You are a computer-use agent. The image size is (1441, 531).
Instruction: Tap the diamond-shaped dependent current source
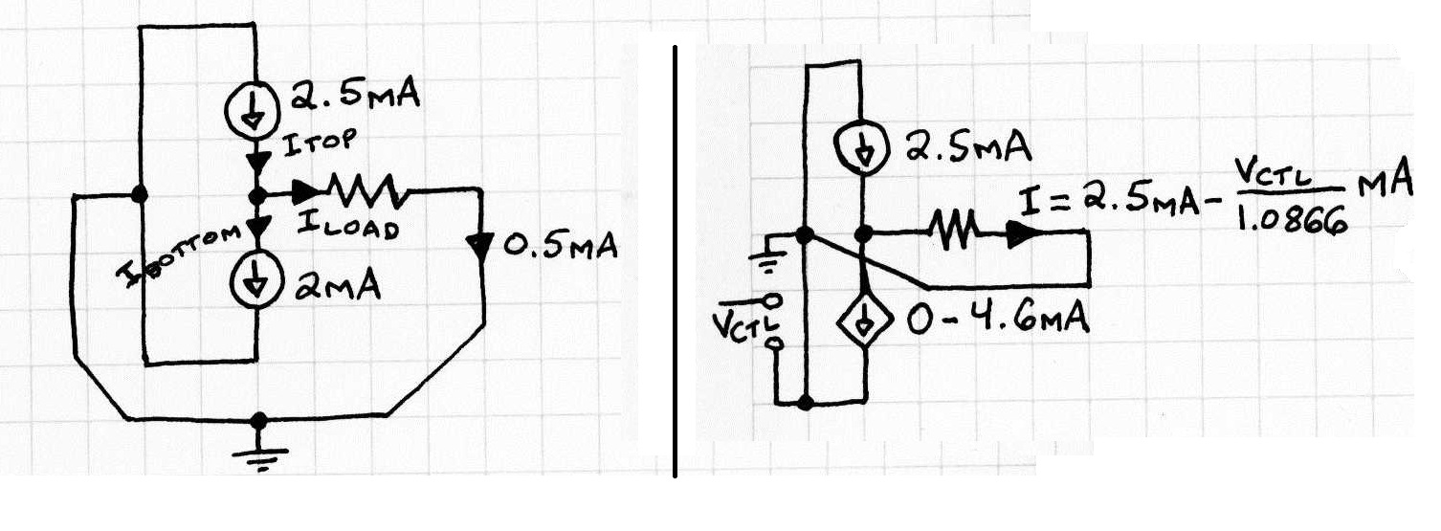click(865, 319)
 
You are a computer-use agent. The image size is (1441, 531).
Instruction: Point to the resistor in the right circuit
click(955, 231)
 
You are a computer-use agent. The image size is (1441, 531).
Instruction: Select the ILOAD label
click(348, 226)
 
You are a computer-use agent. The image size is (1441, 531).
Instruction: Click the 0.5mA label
click(560, 246)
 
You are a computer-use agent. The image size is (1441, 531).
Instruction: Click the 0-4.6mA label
click(998, 318)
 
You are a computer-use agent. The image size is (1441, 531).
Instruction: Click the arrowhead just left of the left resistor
click(306, 190)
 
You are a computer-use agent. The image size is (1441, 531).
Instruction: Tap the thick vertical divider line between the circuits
click(675, 261)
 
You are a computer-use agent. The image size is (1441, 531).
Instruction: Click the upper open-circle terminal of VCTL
click(774, 299)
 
